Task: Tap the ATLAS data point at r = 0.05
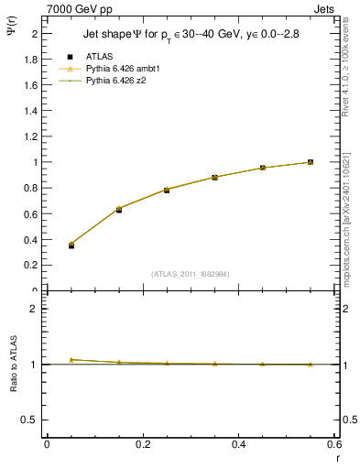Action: (71, 245)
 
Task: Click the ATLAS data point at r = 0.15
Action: (119, 210)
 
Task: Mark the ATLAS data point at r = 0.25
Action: (167, 190)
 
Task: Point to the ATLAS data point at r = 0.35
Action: (214, 178)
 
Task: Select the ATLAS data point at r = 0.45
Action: (262, 168)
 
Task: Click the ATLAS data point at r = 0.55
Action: (311, 162)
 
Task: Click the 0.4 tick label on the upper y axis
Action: (35, 239)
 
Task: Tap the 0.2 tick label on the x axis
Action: (143, 444)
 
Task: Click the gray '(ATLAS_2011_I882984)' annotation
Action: (191, 274)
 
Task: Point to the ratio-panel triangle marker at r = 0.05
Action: (71, 359)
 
